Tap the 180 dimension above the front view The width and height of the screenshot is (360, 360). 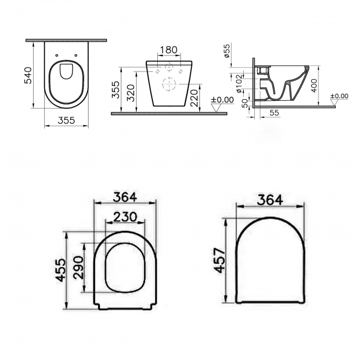[168, 50]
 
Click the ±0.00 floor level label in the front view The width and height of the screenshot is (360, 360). [222, 100]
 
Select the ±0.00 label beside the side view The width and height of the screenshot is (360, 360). [338, 96]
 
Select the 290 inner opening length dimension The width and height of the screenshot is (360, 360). [77, 268]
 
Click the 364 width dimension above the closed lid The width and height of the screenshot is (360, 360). [270, 199]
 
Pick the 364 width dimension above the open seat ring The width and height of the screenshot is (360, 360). [125, 197]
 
